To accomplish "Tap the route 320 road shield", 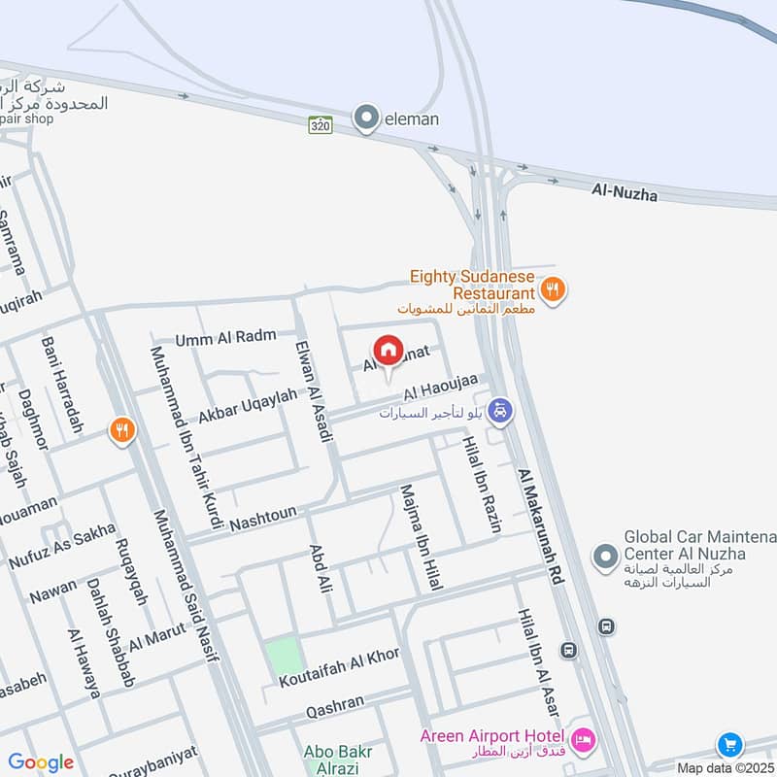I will click(x=321, y=125).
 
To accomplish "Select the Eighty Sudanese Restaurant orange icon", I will click(x=553, y=288).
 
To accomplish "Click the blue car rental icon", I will click(x=499, y=410).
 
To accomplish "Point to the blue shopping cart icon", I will click(x=729, y=745).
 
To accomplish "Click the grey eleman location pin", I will click(x=366, y=118).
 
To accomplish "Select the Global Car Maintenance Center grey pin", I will click(x=605, y=557).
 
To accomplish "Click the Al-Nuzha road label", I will click(x=625, y=194).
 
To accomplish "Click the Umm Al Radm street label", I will click(x=226, y=338).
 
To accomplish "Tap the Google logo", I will click(x=41, y=762).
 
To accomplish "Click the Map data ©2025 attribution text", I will click(x=726, y=767).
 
